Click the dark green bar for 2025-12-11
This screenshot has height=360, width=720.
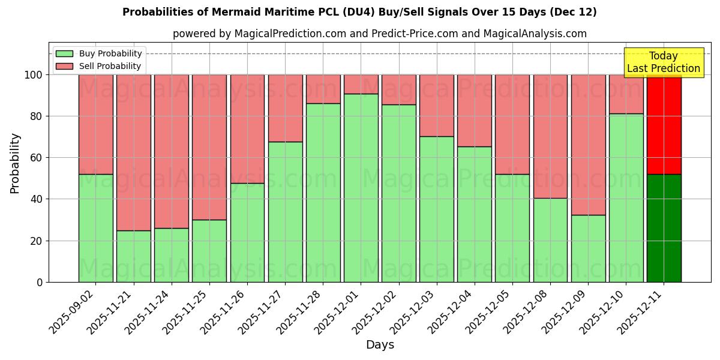pos(664,228)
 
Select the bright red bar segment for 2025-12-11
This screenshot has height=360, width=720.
pos(664,124)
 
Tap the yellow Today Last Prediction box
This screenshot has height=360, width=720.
pos(664,62)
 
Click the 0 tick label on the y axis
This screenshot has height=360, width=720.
pos(40,282)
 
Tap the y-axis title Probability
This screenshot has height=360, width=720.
pos(15,163)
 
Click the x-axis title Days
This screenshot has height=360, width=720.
pos(380,345)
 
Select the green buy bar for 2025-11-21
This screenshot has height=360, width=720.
pos(134,256)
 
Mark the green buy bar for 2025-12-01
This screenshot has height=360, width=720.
pos(361,188)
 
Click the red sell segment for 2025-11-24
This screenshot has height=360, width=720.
pos(172,151)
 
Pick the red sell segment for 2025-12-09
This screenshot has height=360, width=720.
pos(588,145)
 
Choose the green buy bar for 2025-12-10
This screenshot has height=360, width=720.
pos(626,198)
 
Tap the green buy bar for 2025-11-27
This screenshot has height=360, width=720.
pos(285,212)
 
